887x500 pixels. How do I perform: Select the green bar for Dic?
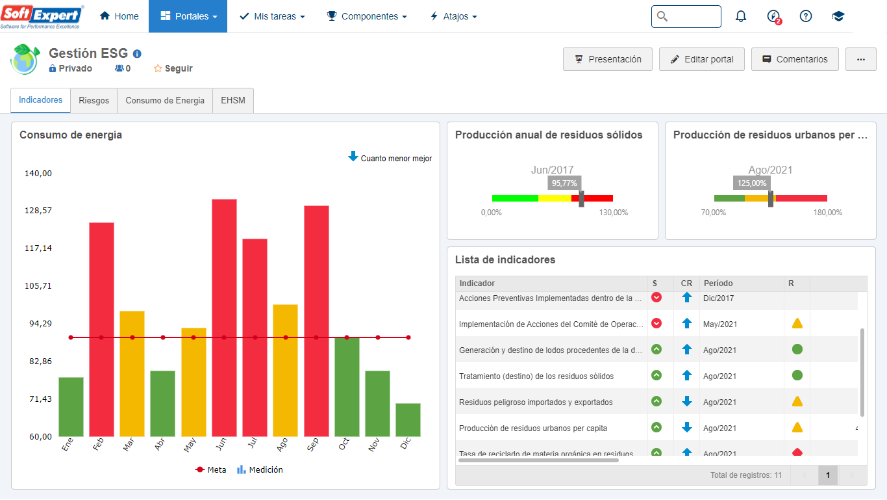(x=408, y=420)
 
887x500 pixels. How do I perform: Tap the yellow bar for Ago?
(x=285, y=370)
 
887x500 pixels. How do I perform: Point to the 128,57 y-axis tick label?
(x=38, y=211)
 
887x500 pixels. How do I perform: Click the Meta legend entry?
(x=211, y=469)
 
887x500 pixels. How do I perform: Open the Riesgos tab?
(x=94, y=101)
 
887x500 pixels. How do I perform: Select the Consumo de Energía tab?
(x=165, y=101)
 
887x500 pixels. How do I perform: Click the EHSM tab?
(x=233, y=101)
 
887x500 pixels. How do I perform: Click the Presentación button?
(x=608, y=59)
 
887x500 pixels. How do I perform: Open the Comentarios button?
(x=795, y=59)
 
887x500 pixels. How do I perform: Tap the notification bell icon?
(x=741, y=17)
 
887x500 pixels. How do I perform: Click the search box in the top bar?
(x=686, y=17)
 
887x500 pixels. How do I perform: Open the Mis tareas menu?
(x=272, y=16)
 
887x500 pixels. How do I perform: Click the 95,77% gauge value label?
(x=564, y=183)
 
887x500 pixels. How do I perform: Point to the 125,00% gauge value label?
(x=752, y=183)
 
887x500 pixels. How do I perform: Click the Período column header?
(x=718, y=283)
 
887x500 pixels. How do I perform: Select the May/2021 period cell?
(x=720, y=324)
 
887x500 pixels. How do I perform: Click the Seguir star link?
(x=173, y=68)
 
